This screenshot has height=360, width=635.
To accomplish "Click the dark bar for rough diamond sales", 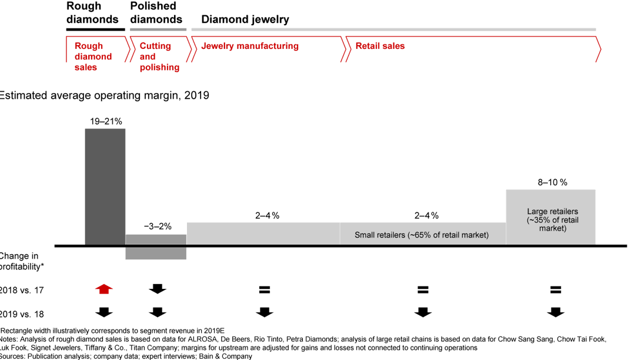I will [105, 186].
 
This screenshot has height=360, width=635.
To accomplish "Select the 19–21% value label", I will [106, 122].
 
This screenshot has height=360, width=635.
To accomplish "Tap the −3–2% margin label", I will [158, 226].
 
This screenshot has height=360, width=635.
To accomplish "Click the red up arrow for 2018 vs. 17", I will [104, 289].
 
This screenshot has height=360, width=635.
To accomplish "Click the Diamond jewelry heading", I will [245, 19].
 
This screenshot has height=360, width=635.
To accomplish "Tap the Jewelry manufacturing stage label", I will [250, 46].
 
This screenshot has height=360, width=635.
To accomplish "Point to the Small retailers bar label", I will [422, 235].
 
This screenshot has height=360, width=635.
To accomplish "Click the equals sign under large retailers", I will [556, 289].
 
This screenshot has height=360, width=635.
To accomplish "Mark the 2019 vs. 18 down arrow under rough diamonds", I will [104, 312].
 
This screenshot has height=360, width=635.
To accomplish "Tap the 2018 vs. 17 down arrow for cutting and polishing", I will [158, 289].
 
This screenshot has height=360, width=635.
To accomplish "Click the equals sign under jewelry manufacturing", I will [264, 289].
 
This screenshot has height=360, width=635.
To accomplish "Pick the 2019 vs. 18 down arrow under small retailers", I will [422, 312].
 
